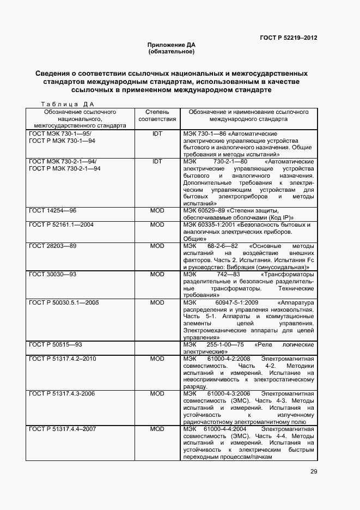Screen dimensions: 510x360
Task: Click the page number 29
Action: point(314,472)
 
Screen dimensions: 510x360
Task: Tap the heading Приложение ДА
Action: point(171,45)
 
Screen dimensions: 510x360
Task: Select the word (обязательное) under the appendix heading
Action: point(171,52)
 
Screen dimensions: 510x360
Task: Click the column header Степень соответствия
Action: point(157,115)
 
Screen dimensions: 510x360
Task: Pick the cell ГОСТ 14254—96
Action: point(53,210)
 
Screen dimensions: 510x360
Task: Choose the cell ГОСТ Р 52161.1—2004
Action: point(62,224)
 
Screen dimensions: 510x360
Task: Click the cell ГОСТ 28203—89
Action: point(53,246)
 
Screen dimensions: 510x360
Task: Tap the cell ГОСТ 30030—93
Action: point(53,275)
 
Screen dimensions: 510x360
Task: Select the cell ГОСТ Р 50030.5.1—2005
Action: point(64,302)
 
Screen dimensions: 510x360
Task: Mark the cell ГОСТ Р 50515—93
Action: point(56,345)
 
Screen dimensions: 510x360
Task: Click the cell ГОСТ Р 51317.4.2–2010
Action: point(63,359)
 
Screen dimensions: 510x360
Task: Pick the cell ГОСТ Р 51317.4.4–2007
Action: point(63,429)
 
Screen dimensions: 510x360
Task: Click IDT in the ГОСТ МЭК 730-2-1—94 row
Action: point(157,162)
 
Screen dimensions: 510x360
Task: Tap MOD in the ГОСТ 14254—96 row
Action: point(157,210)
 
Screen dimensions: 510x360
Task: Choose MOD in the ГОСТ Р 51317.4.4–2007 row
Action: point(157,429)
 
